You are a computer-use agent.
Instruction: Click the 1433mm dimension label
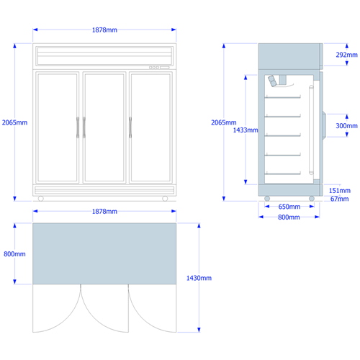point(246,130)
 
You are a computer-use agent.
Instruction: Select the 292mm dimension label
point(346,55)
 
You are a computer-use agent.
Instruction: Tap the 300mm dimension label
point(346,126)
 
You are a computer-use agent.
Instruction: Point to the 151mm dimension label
point(340,191)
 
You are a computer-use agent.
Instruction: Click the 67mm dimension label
point(339,199)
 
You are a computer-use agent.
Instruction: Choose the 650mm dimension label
point(289,207)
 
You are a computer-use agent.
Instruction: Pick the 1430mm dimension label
point(199,278)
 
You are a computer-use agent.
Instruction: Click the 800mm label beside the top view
point(14,254)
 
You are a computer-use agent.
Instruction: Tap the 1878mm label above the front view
point(104,30)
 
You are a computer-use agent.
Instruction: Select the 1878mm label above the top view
point(104,212)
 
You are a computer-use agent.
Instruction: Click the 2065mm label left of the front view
point(14,122)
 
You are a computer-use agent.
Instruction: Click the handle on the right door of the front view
point(130,127)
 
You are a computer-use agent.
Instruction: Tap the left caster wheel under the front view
point(41,199)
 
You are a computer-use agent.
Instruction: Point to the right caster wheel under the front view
point(165,199)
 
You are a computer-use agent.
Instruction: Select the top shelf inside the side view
point(282,97)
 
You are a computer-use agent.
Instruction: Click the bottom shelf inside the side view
point(282,174)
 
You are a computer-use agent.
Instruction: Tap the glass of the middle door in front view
point(104,127)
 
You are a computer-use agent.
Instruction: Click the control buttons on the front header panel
point(154,68)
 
